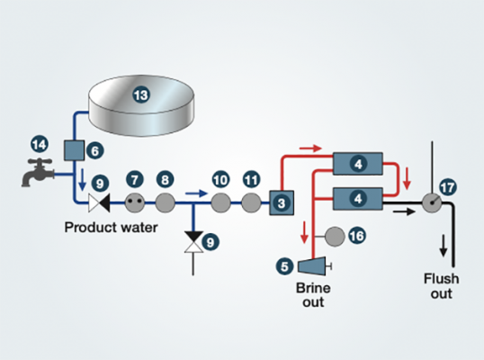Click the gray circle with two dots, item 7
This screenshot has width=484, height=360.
point(135,202)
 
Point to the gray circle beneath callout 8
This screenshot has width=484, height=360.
point(165,202)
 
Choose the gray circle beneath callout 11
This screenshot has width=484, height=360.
point(251,202)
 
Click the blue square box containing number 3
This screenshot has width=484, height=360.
point(282,203)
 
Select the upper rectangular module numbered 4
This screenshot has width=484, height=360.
point(359,164)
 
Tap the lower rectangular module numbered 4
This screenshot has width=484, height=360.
point(359,195)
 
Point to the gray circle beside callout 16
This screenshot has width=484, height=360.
point(334,236)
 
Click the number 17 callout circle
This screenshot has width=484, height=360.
point(448,187)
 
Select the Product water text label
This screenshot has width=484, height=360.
point(111,229)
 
